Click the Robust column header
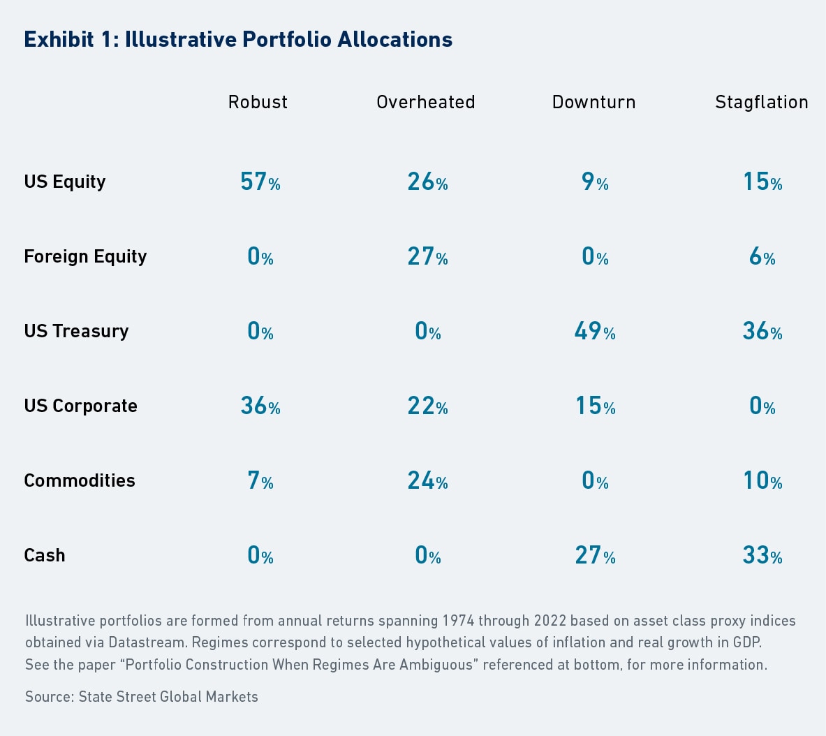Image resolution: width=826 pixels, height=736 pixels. [258, 102]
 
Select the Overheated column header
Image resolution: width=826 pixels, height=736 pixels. [425, 102]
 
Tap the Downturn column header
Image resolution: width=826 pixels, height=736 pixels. [593, 102]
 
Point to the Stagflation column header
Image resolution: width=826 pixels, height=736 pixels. [761, 102]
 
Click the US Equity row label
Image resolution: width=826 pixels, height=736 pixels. [65, 182]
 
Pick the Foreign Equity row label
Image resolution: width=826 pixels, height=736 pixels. [85, 256]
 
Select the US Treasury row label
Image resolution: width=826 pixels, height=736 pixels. [76, 331]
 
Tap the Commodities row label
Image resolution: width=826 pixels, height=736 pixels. [80, 480]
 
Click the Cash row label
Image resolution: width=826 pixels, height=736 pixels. [45, 555]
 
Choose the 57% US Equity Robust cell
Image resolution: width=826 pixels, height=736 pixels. [260, 182]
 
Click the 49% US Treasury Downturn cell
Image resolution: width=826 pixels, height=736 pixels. [595, 331]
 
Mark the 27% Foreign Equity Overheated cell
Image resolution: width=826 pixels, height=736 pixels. [427, 256]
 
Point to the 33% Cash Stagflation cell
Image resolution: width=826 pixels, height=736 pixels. [762, 555]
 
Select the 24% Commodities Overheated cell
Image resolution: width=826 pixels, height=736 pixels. [427, 480]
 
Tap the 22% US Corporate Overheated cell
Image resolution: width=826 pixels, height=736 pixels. [427, 406]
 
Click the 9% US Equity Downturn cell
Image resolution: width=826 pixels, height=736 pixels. [595, 182]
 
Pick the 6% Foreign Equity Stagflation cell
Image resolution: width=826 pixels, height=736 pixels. [762, 256]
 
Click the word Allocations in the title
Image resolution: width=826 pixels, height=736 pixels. [394, 39]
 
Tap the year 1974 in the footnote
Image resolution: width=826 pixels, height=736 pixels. [457, 621]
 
